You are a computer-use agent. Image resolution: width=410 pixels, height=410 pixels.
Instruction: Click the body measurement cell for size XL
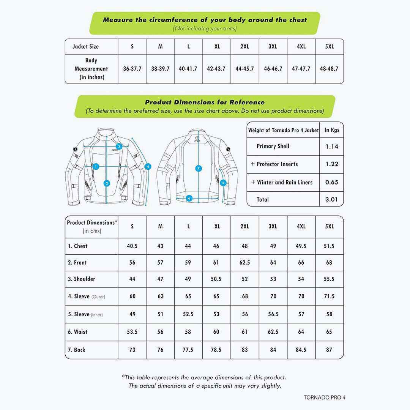click(216, 69)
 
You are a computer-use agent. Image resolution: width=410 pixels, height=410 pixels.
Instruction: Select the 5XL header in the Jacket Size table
click(329, 46)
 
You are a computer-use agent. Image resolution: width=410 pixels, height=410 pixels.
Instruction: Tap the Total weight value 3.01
click(331, 199)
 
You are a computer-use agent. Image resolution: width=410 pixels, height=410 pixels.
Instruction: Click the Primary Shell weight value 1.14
click(331, 146)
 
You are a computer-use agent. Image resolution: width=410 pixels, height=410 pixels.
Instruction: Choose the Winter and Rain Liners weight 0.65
click(331, 182)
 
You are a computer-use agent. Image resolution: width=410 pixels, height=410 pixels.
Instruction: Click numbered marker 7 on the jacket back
click(199, 168)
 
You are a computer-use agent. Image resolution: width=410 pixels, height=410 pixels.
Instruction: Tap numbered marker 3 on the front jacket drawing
click(119, 146)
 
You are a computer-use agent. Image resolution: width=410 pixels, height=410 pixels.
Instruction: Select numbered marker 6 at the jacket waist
click(189, 198)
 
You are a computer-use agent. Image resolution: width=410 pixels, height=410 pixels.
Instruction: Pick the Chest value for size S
click(132, 246)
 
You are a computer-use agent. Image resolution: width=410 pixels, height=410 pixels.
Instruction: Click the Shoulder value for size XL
click(216, 279)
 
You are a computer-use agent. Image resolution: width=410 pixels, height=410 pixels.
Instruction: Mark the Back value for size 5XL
click(329, 350)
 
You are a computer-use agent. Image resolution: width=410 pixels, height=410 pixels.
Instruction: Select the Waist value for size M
click(160, 332)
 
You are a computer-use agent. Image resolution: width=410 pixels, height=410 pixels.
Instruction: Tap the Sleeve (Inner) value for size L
click(188, 314)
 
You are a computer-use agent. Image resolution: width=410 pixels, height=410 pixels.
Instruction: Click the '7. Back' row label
click(77, 350)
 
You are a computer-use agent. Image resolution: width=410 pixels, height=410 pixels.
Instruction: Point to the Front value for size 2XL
click(244, 262)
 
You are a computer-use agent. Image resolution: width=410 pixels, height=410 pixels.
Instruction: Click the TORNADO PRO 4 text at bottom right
click(324, 397)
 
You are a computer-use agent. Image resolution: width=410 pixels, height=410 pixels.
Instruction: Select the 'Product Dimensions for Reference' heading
click(205, 102)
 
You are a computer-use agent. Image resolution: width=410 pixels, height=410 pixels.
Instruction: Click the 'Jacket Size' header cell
click(86, 46)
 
